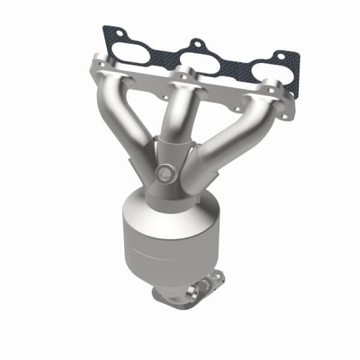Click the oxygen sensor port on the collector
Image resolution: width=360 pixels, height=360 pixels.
163,175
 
